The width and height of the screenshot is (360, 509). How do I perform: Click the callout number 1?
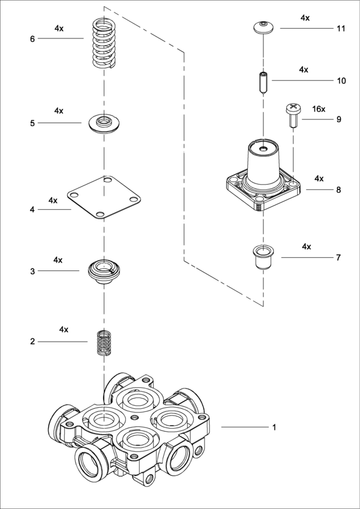[x=274, y=427]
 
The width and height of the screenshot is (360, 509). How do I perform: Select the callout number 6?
[x=32, y=39]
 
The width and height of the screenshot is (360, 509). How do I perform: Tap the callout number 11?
[x=341, y=28]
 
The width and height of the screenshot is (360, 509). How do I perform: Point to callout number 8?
[x=338, y=189]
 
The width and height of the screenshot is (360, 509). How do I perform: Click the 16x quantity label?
[x=319, y=109]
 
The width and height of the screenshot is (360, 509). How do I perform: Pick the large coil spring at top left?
[x=104, y=43]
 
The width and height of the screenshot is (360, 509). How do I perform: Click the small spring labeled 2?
[x=105, y=342]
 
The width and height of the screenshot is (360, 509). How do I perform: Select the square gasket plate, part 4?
[x=104, y=196]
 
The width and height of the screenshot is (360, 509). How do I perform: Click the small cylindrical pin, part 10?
[x=262, y=82]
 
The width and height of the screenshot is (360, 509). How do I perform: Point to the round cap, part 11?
[x=262, y=26]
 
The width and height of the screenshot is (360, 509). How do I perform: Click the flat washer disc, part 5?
[x=104, y=122]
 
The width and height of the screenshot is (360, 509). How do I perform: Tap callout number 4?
[x=32, y=210]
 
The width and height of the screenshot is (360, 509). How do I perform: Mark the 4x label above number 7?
[x=307, y=246]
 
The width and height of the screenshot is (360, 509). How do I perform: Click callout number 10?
[x=341, y=80]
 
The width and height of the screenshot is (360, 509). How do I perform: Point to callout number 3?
[x=32, y=272]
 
